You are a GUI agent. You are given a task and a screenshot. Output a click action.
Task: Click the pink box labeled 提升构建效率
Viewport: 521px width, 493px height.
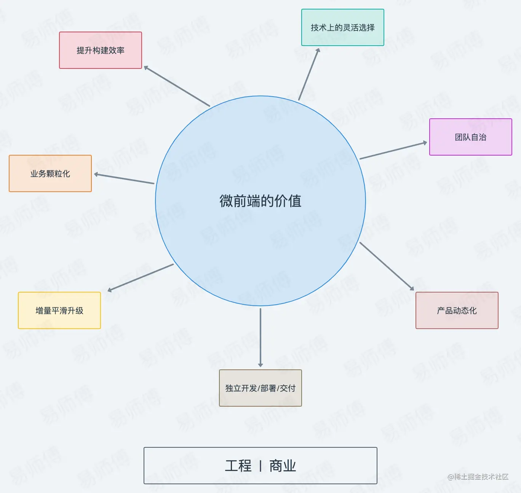pos(101,50)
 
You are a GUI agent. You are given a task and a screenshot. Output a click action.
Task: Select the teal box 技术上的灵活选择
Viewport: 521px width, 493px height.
pos(342,27)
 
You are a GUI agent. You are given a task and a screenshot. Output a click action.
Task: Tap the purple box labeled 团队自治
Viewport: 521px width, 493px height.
pos(470,137)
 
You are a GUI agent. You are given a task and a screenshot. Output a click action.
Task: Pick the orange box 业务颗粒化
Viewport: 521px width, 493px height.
pos(50,173)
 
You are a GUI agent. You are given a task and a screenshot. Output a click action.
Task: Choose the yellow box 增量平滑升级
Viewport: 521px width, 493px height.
pos(59,310)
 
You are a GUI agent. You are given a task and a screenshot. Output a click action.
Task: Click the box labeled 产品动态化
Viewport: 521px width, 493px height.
pos(457,310)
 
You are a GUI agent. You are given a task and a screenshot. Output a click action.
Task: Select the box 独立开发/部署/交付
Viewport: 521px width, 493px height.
pos(260,388)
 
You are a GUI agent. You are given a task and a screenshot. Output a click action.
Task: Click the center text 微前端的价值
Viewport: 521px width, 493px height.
pos(260,201)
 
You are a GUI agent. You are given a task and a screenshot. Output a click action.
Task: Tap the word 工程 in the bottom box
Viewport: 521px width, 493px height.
pos(238,466)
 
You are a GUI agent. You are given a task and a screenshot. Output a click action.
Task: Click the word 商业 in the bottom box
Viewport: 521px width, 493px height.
pos(283,466)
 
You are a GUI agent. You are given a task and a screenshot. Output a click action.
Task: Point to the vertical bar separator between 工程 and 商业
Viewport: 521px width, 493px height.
pos(260,466)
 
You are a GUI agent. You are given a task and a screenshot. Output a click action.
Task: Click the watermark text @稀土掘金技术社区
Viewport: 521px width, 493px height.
pos(478,477)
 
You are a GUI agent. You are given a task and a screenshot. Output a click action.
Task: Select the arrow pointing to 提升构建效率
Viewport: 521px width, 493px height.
pos(177,86)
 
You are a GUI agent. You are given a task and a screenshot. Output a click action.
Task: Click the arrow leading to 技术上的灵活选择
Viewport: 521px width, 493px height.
pos(309,75)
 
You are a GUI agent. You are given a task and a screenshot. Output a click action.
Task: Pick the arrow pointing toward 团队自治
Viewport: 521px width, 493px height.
pos(393,151)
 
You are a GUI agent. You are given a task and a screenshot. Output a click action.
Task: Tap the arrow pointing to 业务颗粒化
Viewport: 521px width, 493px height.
pos(124,179)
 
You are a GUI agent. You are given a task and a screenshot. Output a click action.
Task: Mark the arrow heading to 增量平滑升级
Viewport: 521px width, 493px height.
pos(141,277)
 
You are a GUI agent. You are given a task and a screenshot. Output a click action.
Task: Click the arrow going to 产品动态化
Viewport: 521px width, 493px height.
pos(387,266)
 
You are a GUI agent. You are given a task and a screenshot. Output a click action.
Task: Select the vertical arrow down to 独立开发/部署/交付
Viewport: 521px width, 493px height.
pos(260,337)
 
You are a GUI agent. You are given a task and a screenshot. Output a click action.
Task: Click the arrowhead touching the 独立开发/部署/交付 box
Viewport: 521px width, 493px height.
pos(260,365)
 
